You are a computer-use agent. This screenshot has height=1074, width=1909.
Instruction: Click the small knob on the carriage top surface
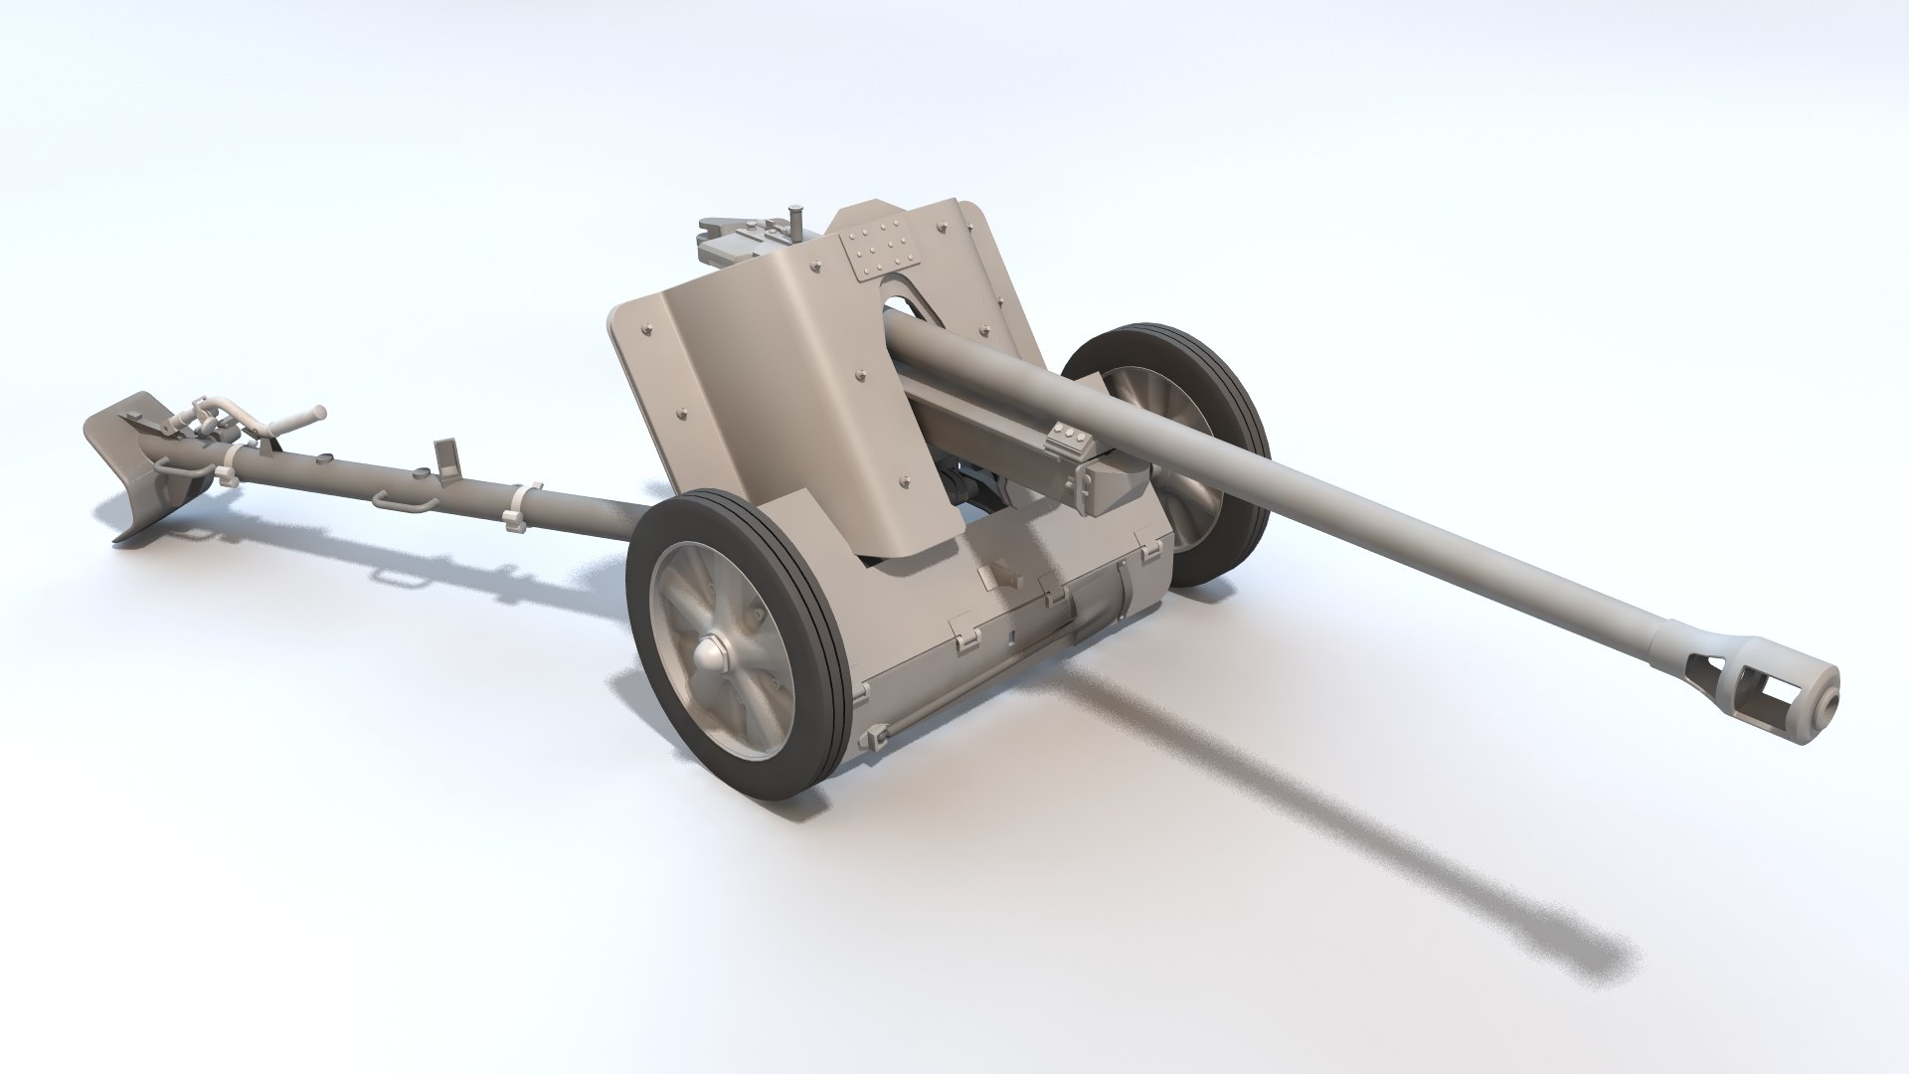tap(1003, 578)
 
